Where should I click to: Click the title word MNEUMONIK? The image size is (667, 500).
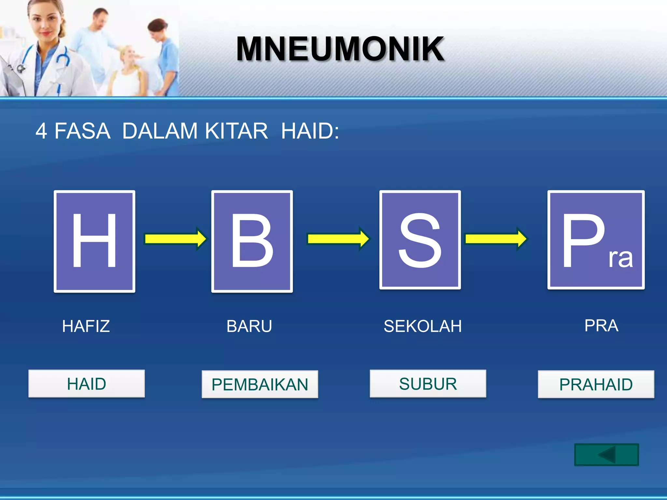[x=340, y=49]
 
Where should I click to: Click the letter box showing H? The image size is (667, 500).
[x=94, y=241]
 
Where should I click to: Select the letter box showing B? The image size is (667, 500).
[x=252, y=241]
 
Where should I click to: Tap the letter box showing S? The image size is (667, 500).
[x=420, y=240]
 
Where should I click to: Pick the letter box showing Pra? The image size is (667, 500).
[x=596, y=240]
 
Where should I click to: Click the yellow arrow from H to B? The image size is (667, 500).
[x=175, y=239]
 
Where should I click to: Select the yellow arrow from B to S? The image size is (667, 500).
[x=338, y=239]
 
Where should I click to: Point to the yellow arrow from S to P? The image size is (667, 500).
[x=496, y=239]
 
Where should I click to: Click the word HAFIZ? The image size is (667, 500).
[x=86, y=326]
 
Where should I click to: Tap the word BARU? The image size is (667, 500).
[x=249, y=326]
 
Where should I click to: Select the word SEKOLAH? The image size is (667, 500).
[x=423, y=326]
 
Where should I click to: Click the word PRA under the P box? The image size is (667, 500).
[x=601, y=326]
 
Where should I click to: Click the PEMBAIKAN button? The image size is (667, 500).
[x=260, y=384]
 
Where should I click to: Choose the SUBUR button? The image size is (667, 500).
[x=428, y=383]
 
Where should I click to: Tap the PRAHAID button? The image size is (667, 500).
[x=596, y=384]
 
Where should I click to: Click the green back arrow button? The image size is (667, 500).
[x=606, y=454]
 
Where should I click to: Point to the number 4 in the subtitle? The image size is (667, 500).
[x=41, y=131]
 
